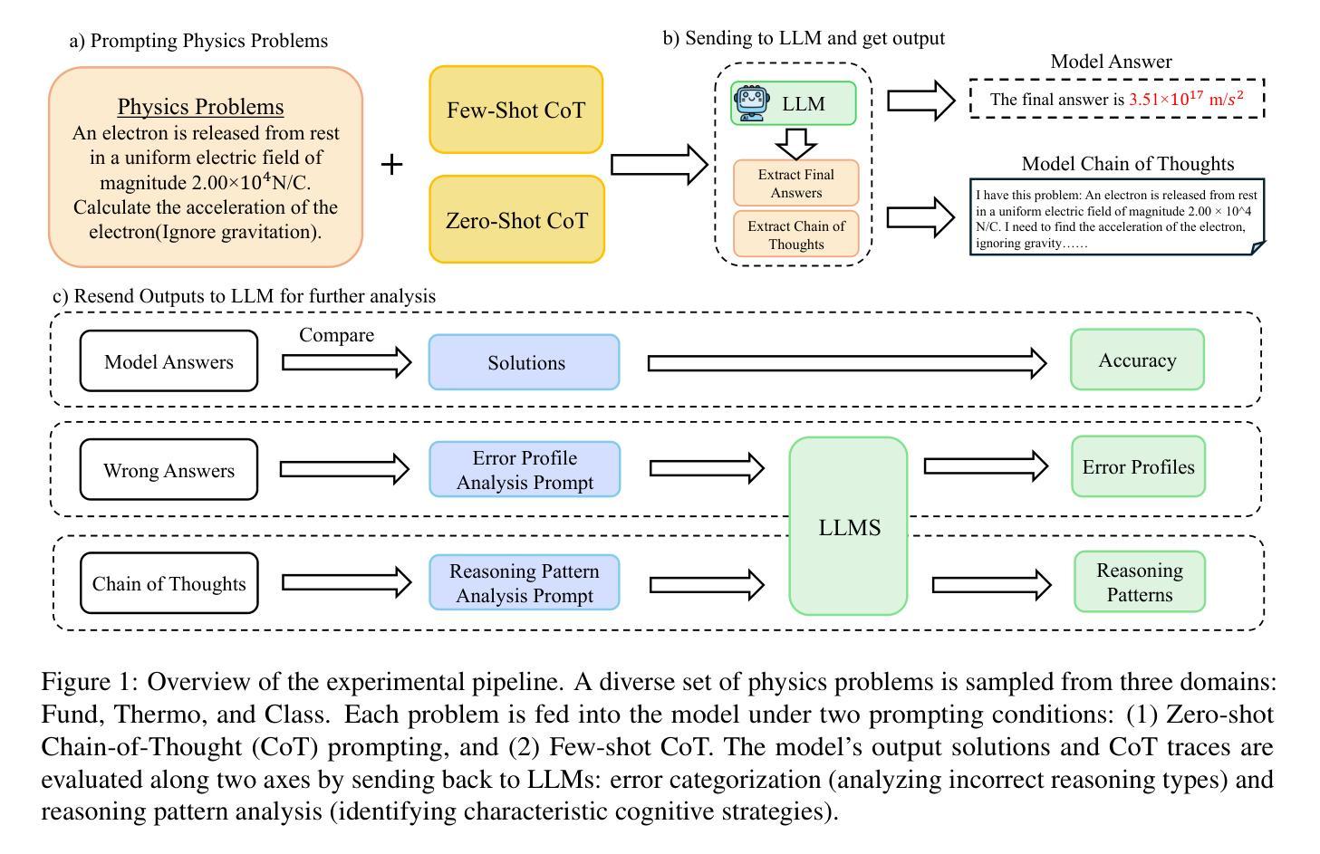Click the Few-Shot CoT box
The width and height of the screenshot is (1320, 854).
[x=516, y=110]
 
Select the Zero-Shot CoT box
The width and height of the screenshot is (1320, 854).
[x=516, y=220]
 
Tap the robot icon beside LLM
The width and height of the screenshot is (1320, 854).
[x=751, y=103]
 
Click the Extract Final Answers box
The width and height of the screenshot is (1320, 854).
[x=796, y=183]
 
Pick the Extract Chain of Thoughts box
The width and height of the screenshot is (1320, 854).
[x=796, y=235]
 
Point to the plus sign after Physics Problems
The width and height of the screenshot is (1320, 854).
[x=392, y=164]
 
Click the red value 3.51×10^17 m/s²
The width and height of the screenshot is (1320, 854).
[x=1186, y=99]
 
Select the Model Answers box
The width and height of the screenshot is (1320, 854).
[x=169, y=361]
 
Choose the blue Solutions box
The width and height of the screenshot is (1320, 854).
[x=525, y=362]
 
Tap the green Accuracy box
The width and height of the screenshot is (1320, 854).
[x=1137, y=360]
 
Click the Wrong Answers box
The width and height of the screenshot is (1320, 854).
[x=169, y=470]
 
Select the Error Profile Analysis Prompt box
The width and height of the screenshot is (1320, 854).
[x=525, y=469]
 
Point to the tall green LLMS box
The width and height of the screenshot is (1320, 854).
[x=849, y=526]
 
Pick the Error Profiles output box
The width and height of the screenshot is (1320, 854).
[x=1139, y=466]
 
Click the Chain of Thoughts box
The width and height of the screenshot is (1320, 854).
[x=169, y=583]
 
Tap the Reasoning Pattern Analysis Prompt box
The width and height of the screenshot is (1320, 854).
[x=525, y=582]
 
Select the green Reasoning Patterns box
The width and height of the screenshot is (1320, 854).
[x=1140, y=582]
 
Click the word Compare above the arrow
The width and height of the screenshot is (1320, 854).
[x=336, y=334]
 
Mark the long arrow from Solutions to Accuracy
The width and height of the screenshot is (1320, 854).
[x=847, y=363]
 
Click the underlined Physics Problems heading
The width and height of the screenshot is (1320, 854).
[x=200, y=107]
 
